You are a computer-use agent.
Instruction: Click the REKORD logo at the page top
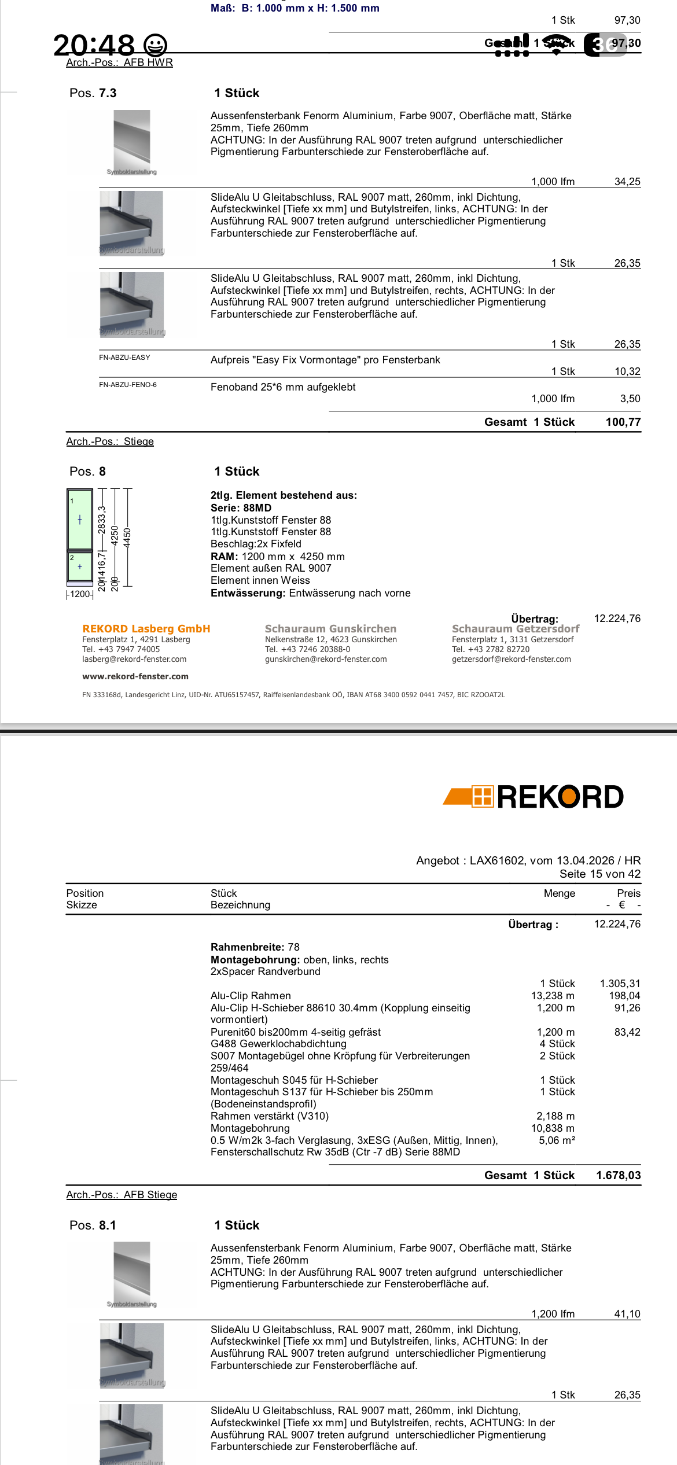[533, 797]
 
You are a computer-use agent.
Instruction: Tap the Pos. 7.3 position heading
[93, 93]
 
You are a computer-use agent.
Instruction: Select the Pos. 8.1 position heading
[93, 1225]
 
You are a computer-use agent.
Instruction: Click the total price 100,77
[623, 422]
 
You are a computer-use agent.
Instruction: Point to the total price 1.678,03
[618, 1175]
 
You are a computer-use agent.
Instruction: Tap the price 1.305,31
[620, 984]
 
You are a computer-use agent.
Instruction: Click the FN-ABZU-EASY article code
[124, 358]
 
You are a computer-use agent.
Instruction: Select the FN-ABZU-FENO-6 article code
[128, 385]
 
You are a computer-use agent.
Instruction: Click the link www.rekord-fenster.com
[135, 676]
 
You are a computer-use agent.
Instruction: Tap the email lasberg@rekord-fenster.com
[134, 659]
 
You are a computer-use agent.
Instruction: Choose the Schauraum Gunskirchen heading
[330, 629]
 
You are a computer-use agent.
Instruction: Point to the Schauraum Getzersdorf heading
[515, 629]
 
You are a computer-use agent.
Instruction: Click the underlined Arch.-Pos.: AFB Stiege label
[122, 1195]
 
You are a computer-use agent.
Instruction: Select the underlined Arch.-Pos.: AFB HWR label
[119, 62]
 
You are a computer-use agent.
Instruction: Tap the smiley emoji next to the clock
[155, 45]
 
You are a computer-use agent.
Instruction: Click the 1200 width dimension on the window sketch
[80, 594]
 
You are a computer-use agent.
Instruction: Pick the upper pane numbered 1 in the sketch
[80, 520]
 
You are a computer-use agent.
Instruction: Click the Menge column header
[559, 893]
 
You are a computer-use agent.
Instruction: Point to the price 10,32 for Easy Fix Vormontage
[627, 371]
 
